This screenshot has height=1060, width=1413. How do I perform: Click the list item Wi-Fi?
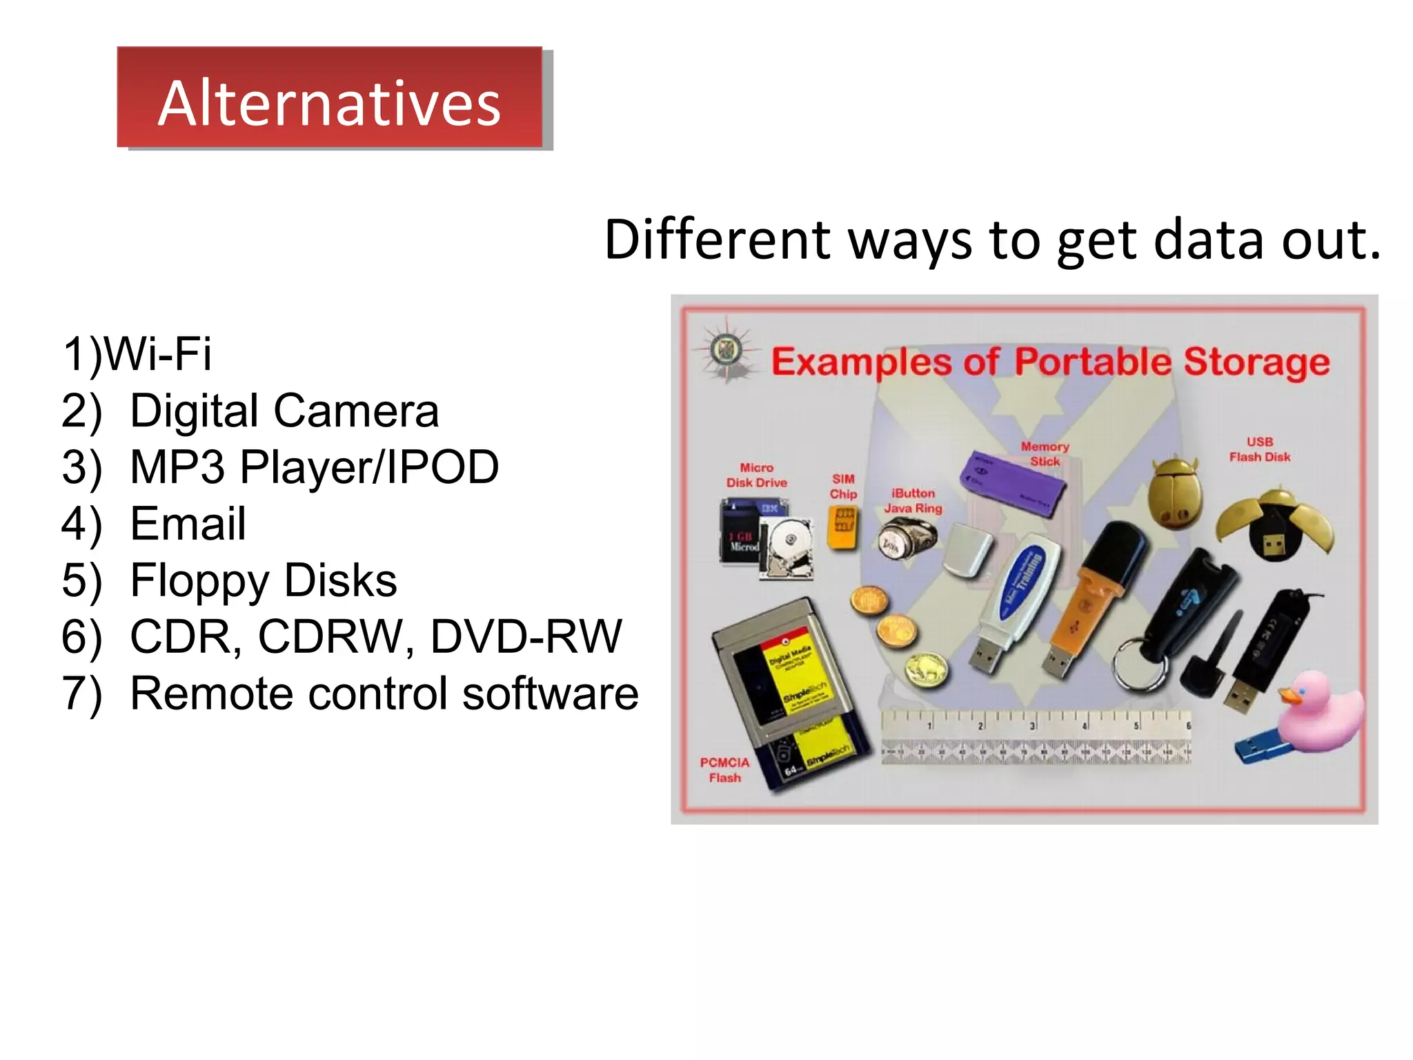[157, 354]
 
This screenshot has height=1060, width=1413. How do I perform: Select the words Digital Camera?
[284, 411]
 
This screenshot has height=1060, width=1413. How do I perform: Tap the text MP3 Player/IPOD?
[314, 467]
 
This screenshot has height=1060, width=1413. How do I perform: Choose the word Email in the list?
[188, 524]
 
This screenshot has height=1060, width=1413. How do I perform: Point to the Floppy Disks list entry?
[263, 580]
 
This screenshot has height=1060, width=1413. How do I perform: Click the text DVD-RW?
[526, 636]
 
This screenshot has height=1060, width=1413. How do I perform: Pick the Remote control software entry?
[384, 693]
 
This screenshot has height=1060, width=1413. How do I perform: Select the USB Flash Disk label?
[1259, 449]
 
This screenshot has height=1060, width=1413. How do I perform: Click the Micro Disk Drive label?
[756, 475]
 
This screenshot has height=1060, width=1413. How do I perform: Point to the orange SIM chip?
[842, 527]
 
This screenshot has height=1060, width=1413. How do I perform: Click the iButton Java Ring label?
[913, 501]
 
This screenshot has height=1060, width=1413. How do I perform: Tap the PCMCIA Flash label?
[724, 769]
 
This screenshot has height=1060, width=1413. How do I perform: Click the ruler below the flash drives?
[1035, 739]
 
